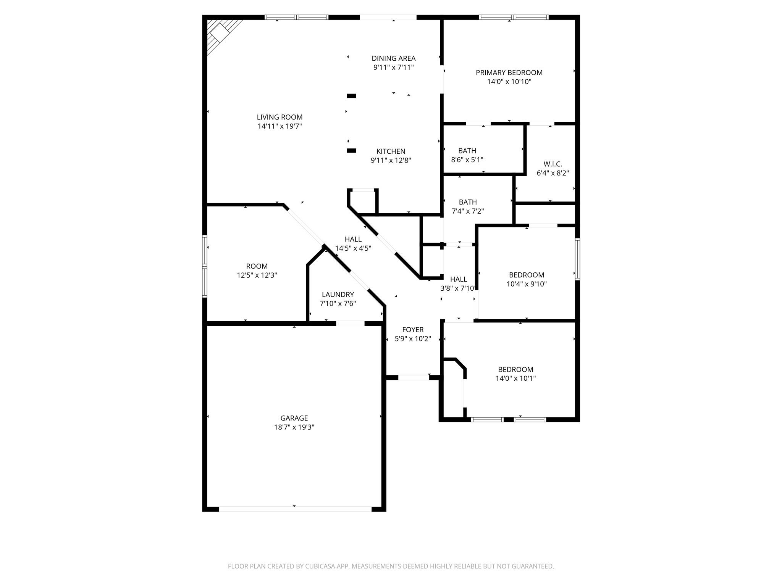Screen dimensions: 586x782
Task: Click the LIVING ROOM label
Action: click(x=280, y=117)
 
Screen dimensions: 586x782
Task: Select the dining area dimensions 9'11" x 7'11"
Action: click(x=393, y=68)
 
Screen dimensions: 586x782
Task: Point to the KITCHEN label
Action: click(x=391, y=151)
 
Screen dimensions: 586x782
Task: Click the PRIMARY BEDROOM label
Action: click(x=509, y=72)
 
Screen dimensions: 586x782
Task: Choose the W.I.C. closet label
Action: click(x=553, y=164)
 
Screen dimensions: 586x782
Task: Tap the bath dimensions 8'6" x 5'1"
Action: click(x=467, y=160)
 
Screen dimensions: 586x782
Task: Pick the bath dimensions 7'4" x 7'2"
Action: click(x=468, y=211)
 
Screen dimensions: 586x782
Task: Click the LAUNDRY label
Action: click(x=338, y=295)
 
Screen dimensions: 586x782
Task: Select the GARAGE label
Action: click(x=294, y=418)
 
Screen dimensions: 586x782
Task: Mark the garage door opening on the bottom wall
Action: click(x=295, y=509)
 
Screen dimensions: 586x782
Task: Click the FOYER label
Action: click(x=413, y=330)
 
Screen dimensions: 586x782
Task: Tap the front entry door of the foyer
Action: click(x=414, y=377)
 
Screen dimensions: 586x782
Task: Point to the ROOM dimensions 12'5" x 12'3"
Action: click(x=257, y=275)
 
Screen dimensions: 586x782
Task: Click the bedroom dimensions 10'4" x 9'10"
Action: click(x=527, y=284)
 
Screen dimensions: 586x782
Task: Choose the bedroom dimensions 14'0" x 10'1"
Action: click(x=515, y=378)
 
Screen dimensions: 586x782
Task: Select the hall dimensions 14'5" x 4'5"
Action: click(x=353, y=248)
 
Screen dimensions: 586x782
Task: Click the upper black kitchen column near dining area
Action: click(x=351, y=96)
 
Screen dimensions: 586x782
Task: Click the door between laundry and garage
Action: click(x=350, y=324)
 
